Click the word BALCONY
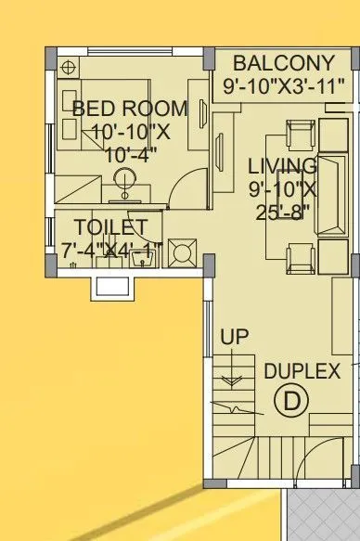283,63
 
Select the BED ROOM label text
129,108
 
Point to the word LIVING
283,167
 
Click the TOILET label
110,227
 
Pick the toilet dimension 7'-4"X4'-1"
110,250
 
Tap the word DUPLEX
302,371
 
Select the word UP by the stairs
235,337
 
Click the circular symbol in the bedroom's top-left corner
68,68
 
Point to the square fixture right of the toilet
182,252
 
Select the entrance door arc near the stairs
232,408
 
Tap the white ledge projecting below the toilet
108,285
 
